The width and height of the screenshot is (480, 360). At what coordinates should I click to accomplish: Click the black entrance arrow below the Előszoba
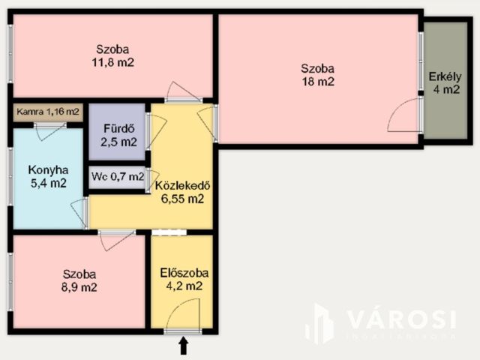coord(183,345)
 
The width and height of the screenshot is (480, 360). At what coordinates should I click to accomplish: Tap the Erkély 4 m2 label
coord(445,83)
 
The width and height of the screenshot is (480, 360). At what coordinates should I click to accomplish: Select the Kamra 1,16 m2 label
coord(48,112)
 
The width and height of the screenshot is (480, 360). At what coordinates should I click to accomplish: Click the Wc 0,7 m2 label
coord(117,177)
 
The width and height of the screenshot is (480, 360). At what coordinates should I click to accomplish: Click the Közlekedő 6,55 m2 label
coord(180,192)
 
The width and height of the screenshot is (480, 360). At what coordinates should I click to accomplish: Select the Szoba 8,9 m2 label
coord(79,280)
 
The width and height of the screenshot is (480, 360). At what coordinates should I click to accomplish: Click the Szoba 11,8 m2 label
coord(112,57)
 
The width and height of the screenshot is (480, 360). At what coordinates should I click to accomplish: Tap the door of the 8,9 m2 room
coord(117,240)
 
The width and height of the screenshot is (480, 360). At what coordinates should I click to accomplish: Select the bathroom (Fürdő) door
coord(156,132)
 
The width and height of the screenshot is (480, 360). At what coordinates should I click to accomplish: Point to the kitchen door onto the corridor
coord(79,214)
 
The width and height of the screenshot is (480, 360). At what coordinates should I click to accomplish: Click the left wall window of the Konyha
coord(10,176)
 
